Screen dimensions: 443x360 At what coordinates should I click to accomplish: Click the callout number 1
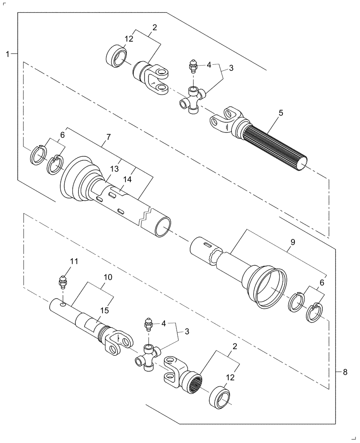coord(8,54)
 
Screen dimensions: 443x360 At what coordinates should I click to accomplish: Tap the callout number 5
coord(281,113)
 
